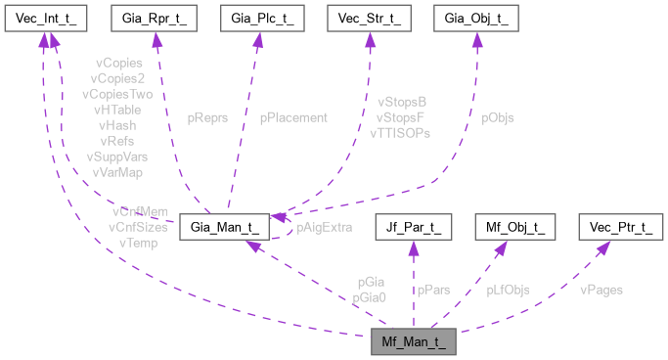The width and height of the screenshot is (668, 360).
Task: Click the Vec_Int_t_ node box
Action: click(42, 19)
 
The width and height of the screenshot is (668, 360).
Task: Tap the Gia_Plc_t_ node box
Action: click(260, 19)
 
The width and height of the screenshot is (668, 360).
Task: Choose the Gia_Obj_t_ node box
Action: click(475, 19)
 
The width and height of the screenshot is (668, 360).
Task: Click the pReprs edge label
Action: click(207, 117)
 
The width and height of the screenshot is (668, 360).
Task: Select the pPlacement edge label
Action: click(293, 117)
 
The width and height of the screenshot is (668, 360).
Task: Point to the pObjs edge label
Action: click(497, 117)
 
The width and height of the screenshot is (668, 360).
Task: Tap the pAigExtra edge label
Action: click(323, 228)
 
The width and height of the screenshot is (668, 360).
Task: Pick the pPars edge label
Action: click(433, 290)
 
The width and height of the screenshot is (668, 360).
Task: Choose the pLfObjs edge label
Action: click(508, 290)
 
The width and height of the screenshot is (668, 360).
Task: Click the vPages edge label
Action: click(601, 290)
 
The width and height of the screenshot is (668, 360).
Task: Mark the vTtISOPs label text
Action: click(400, 132)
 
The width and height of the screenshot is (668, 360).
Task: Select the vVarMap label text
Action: click(117, 171)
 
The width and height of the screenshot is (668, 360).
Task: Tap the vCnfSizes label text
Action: click(138, 227)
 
